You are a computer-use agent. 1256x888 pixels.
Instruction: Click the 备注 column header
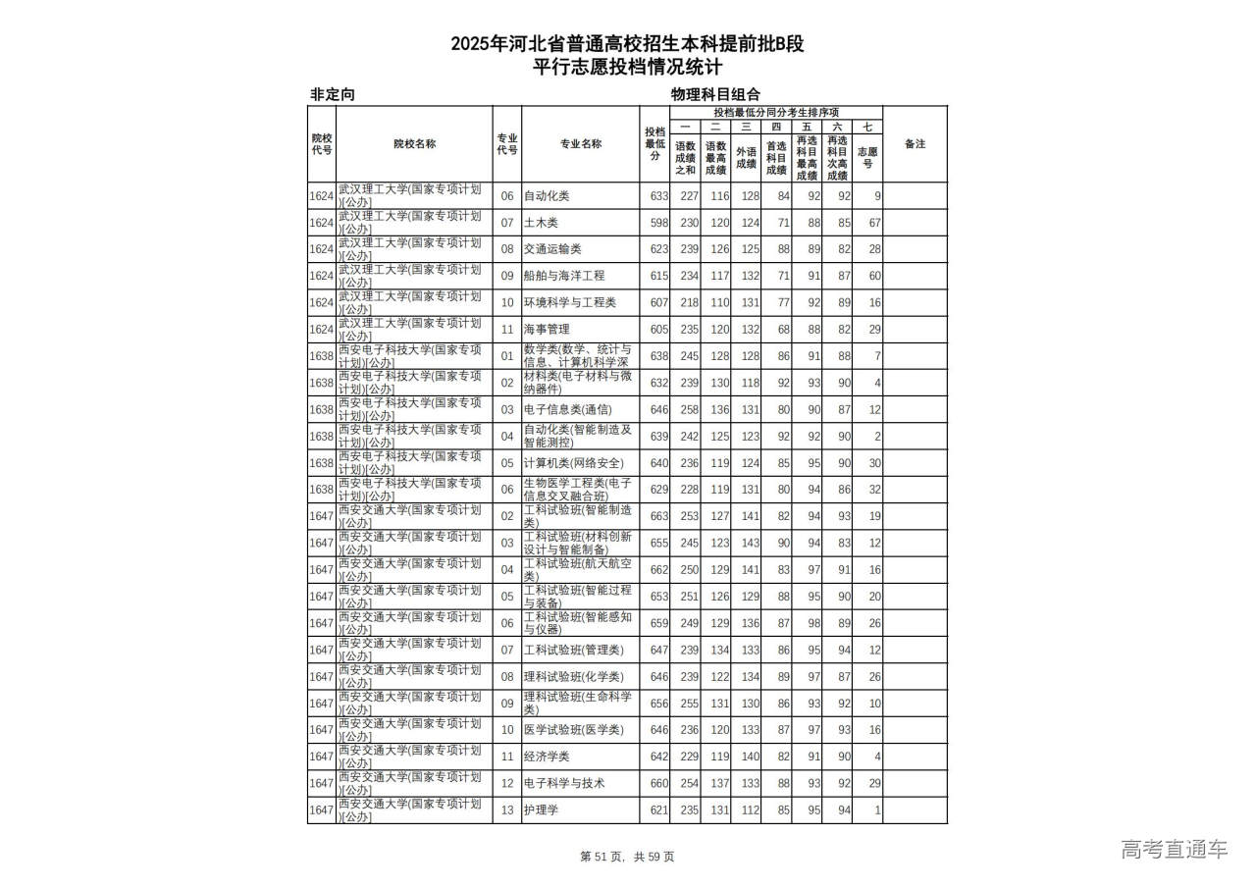[914, 144]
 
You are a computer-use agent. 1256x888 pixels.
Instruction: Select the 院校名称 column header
[414, 144]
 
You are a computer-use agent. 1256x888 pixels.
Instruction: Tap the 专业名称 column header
[581, 144]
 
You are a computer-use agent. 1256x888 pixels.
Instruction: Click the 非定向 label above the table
[333, 95]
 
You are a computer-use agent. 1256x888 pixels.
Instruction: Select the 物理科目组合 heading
[715, 95]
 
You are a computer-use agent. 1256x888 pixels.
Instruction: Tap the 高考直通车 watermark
[1174, 850]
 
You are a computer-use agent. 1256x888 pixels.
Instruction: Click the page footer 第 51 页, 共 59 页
[628, 857]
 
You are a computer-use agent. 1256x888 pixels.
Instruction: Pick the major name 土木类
[541, 223]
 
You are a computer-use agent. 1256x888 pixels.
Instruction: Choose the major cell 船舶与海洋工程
[563, 276]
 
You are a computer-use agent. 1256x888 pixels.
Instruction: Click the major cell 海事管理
[547, 330]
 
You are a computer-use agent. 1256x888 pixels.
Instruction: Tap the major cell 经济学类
[547, 757]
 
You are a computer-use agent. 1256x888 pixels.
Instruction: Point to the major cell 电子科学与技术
[563, 783]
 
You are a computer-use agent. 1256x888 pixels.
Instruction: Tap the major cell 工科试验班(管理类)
[573, 650]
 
